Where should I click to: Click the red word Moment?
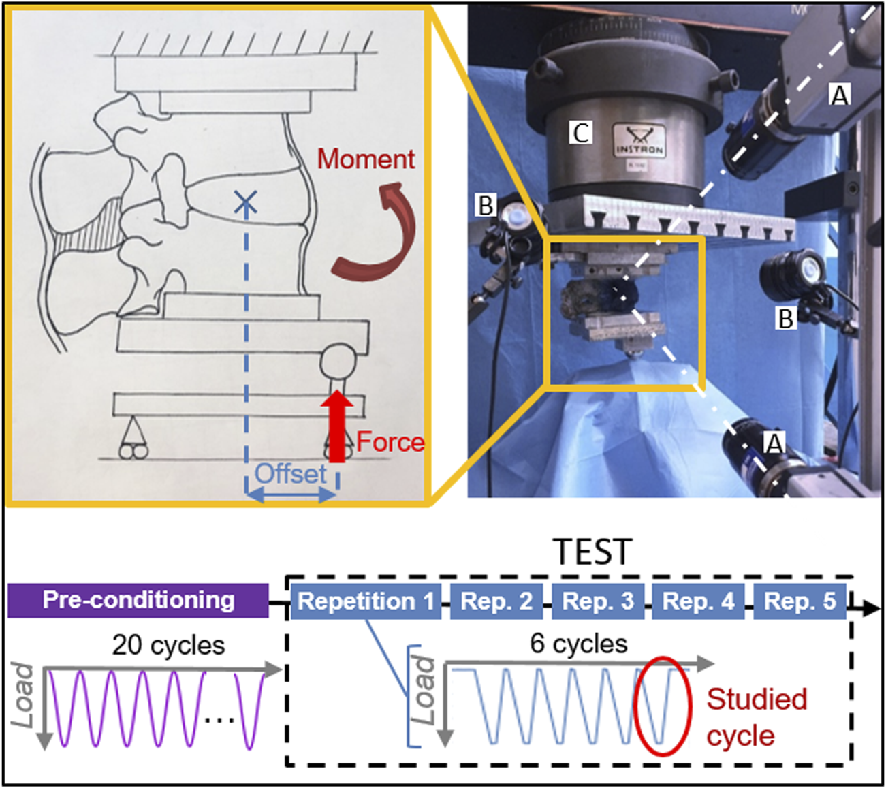366,159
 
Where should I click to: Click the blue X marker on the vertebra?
245,202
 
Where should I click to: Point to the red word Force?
390,442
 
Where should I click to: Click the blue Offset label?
291,473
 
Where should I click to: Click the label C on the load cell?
580,133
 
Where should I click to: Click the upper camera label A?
840,95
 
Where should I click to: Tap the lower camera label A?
773,443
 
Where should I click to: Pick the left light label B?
486,205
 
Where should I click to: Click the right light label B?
786,318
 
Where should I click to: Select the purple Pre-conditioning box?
138,600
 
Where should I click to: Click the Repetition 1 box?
366,601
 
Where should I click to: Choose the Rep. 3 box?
597,601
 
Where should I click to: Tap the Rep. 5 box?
800,601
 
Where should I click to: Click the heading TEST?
592,552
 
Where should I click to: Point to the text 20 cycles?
168,644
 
